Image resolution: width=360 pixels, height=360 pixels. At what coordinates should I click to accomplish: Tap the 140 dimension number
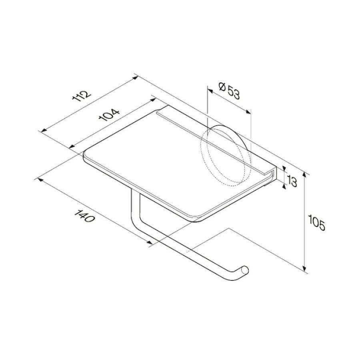[x=84, y=216]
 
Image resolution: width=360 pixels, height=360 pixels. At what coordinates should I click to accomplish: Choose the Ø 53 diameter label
[x=229, y=91]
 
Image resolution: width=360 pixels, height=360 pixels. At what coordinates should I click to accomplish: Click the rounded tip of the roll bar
[x=245, y=270]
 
